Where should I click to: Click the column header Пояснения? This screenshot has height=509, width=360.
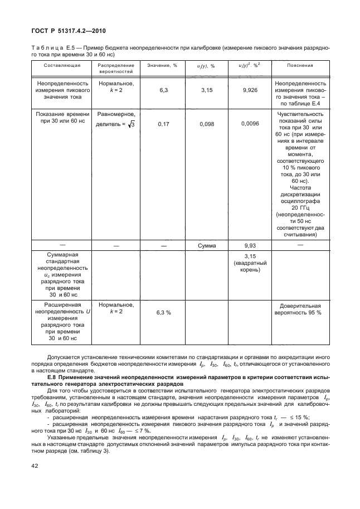300,65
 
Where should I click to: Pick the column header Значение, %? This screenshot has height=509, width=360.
162,65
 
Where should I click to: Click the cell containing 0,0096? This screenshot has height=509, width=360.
251,124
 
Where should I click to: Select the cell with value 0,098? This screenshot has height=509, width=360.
206,124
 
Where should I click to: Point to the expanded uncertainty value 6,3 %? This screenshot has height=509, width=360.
163,312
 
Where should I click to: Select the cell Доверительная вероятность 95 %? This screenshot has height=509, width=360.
300,309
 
